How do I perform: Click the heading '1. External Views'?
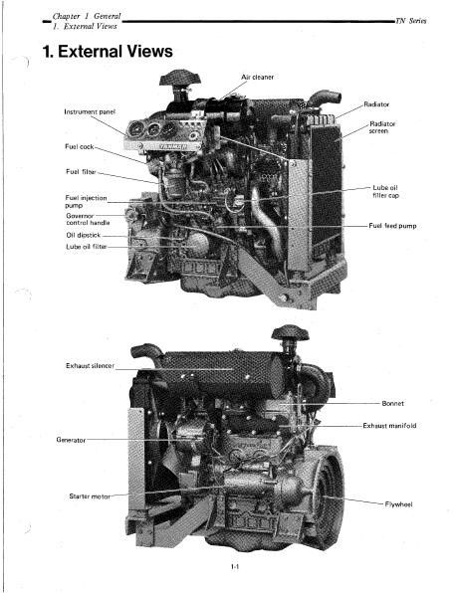click(108, 52)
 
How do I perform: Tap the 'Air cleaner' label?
click(258, 78)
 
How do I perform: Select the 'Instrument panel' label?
click(90, 112)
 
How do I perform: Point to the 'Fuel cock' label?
click(79, 146)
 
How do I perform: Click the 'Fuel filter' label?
click(81, 172)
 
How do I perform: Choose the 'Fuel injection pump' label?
click(86, 202)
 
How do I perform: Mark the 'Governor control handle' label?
click(88, 219)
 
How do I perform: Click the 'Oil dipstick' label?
click(84, 235)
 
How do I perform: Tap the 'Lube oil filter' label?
click(87, 247)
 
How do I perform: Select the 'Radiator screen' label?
click(382, 127)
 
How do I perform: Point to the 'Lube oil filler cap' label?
click(385, 191)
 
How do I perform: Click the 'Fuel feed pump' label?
click(392, 226)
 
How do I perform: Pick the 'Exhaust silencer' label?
click(90, 366)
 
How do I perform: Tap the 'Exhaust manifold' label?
click(389, 426)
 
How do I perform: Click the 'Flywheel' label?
click(398, 504)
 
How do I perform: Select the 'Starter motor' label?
click(90, 496)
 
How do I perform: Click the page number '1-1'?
click(235, 566)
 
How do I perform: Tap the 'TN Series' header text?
click(411, 21)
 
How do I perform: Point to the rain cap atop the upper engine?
click(180, 78)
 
